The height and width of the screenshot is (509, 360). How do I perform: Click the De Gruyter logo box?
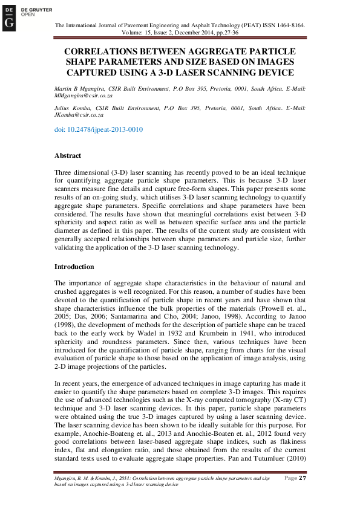tap(9, 18)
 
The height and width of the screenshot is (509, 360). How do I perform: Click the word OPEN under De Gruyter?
tap(28, 14)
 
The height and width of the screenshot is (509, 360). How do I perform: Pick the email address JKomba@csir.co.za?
tap(79, 114)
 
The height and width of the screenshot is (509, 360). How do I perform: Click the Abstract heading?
tap(68, 155)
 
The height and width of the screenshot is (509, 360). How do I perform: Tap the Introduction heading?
tap(74, 267)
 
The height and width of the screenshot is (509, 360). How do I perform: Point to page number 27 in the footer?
tap(303, 479)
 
